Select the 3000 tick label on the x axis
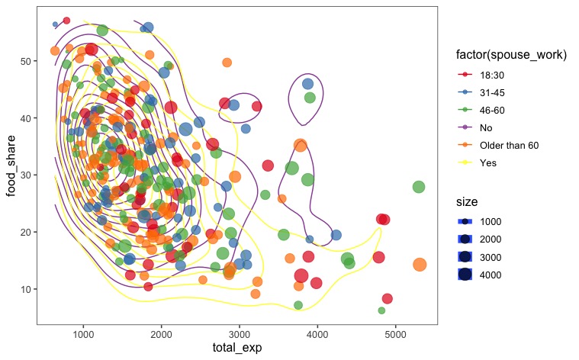tap(240, 334)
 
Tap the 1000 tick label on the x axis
tap(83, 334)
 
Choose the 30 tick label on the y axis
tap(25, 175)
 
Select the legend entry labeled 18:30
tap(492, 75)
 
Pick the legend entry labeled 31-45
tap(492, 92)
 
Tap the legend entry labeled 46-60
tap(492, 110)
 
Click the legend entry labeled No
tap(486, 127)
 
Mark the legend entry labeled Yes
tap(487, 162)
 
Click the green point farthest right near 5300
tap(419, 187)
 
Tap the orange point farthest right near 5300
tap(419, 265)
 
